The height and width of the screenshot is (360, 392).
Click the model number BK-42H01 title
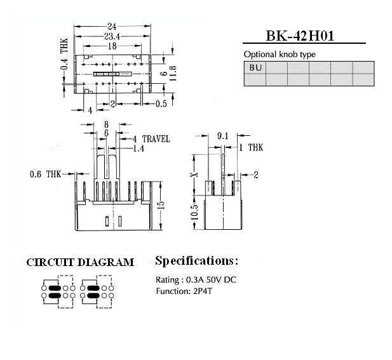(x=299, y=36)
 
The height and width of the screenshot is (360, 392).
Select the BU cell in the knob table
(x=255, y=67)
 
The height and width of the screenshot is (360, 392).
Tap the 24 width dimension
(x=112, y=26)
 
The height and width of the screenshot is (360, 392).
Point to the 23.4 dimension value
(x=112, y=36)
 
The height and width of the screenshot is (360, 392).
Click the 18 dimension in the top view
(x=112, y=46)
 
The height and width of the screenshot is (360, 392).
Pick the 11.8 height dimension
(x=173, y=73)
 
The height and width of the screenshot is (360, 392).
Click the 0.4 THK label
(x=64, y=54)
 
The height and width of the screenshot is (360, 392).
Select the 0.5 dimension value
(x=161, y=103)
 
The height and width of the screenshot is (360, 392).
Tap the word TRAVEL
(x=156, y=139)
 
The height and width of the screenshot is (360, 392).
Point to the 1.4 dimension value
(x=139, y=149)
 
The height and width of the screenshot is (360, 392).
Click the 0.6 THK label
(x=45, y=174)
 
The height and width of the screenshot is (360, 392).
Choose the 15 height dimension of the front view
(x=161, y=205)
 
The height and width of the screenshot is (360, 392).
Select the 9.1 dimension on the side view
(x=222, y=136)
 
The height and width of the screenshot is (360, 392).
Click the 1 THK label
(x=251, y=148)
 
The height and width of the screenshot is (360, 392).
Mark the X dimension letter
(x=195, y=175)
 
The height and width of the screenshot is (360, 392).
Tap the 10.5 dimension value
(x=195, y=212)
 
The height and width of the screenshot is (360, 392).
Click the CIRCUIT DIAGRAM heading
(x=80, y=263)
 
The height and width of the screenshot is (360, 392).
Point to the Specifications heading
(x=196, y=261)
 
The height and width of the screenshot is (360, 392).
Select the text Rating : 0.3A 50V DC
(x=196, y=280)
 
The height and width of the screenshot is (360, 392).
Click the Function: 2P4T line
(x=184, y=291)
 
